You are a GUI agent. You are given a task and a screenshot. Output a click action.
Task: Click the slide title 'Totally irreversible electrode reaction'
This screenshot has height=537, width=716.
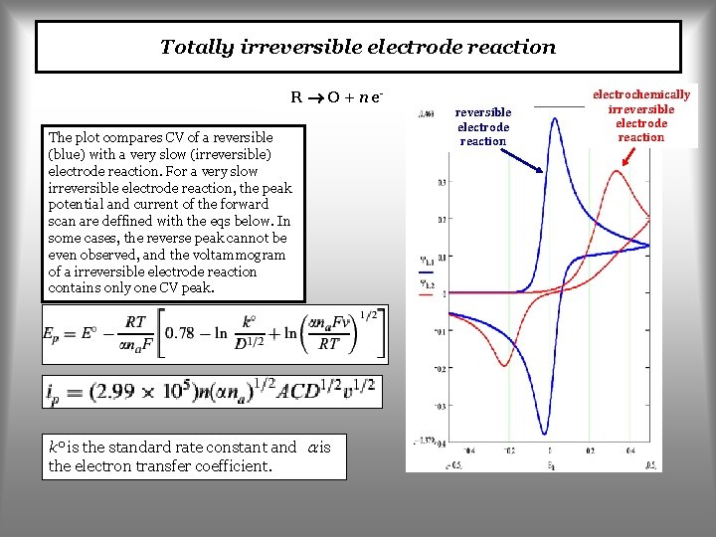click(x=358, y=47)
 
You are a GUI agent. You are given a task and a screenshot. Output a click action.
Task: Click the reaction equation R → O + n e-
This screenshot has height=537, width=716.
click(x=337, y=97)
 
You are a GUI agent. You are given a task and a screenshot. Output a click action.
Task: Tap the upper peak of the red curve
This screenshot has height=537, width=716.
click(x=617, y=172)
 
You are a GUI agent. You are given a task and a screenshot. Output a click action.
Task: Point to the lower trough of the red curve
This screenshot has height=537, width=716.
click(x=505, y=366)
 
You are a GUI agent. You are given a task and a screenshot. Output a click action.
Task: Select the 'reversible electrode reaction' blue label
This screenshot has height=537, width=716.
click(x=483, y=126)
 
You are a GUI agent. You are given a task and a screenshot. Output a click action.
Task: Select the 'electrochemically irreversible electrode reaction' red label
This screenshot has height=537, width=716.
click(x=640, y=115)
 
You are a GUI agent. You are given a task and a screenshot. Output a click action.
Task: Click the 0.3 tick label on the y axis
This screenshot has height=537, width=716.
click(x=439, y=183)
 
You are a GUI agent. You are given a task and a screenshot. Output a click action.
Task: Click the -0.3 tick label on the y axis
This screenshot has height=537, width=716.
click(x=439, y=406)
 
